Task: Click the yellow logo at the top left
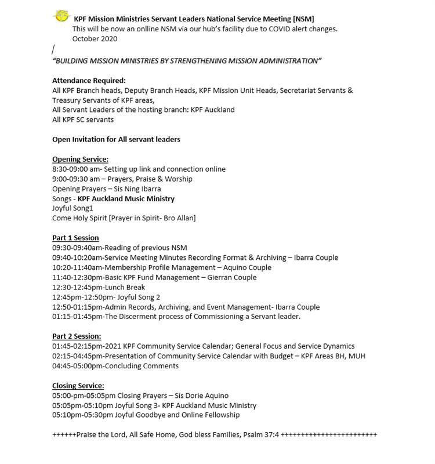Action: click(x=60, y=17)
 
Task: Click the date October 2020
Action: click(x=95, y=39)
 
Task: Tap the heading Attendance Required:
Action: click(x=89, y=81)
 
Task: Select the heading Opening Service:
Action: click(x=80, y=159)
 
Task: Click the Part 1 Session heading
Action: click(x=75, y=238)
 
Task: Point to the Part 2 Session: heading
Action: click(x=77, y=336)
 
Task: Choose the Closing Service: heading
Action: click(x=78, y=386)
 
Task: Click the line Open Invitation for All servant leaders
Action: click(x=116, y=139)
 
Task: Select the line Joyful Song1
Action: click(x=72, y=208)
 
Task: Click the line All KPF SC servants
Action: click(x=83, y=119)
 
